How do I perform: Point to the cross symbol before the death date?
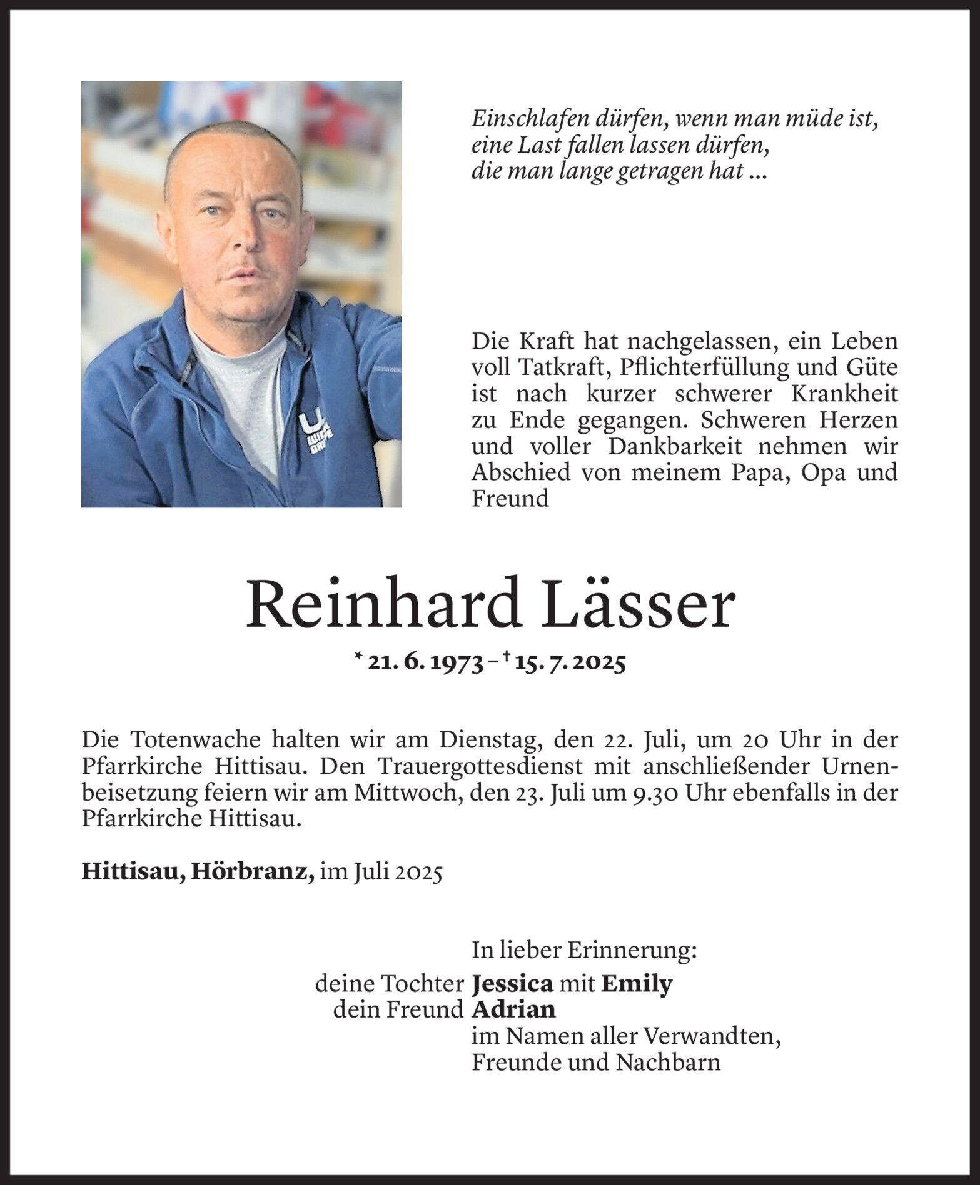point(504,656)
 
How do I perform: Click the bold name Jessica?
point(512,984)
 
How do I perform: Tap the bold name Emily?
point(636,984)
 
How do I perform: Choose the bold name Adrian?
point(513,1009)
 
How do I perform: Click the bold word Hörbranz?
point(253,872)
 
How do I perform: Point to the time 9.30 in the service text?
point(660,793)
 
